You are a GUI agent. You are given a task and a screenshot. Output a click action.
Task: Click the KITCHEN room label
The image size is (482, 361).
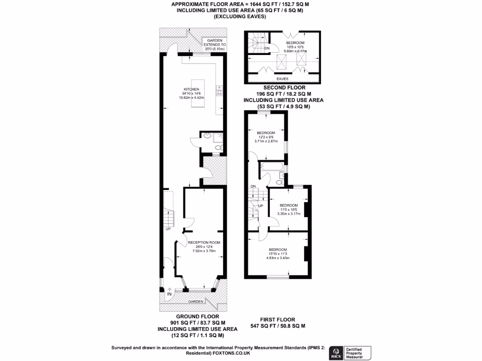191,89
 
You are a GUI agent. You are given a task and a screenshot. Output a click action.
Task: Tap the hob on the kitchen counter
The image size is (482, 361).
219,90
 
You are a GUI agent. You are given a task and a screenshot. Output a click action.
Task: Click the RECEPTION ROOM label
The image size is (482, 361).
204,243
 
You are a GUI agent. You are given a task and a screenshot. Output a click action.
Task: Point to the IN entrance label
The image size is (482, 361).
169,294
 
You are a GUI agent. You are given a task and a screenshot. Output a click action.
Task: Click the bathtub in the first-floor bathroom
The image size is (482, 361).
272,167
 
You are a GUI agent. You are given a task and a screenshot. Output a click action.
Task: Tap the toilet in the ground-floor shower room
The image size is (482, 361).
217,148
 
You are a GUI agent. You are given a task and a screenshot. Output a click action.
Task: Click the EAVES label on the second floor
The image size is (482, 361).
282,79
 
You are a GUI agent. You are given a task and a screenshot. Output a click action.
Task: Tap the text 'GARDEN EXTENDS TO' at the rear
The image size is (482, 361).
214,43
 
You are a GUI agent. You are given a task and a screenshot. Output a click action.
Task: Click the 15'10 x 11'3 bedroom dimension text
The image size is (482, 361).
278,254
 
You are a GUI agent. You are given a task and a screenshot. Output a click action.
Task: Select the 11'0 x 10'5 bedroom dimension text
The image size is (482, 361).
289,210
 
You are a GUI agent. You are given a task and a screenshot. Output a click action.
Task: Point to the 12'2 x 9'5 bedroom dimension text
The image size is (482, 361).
266,137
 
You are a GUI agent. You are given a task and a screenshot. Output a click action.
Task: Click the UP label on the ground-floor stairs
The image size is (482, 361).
168,229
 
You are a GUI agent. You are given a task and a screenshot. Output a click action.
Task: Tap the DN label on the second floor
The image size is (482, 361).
267,48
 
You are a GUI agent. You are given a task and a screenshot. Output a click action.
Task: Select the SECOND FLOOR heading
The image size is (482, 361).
284,88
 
